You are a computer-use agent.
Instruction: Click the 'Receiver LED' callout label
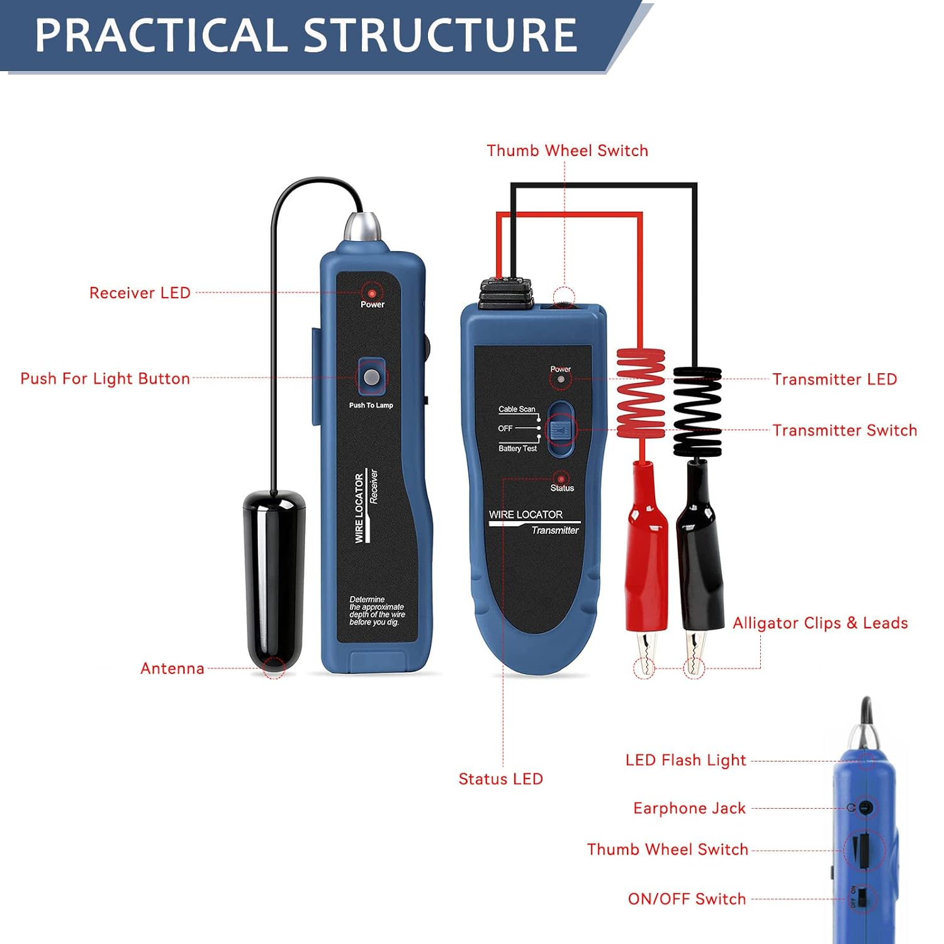tap(140, 293)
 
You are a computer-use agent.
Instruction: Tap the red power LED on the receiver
tap(372, 293)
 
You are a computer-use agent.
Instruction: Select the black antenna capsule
tap(274, 579)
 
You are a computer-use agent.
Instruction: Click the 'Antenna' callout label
tap(172, 668)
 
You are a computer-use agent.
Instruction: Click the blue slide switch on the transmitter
tap(559, 430)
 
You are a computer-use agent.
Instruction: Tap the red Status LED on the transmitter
tap(560, 478)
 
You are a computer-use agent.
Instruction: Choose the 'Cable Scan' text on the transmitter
tap(517, 409)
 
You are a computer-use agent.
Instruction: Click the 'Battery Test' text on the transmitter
tap(517, 449)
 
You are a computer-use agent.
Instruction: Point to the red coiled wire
tap(641, 393)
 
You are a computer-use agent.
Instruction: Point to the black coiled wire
tap(697, 409)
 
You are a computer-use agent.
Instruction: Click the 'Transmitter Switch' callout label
tap(845, 430)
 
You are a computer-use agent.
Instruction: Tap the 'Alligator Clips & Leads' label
tap(820, 623)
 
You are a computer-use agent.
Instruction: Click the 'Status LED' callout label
tap(500, 779)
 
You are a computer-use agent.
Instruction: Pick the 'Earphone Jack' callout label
tap(689, 808)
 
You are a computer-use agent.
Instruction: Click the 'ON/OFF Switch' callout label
tap(687, 899)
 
